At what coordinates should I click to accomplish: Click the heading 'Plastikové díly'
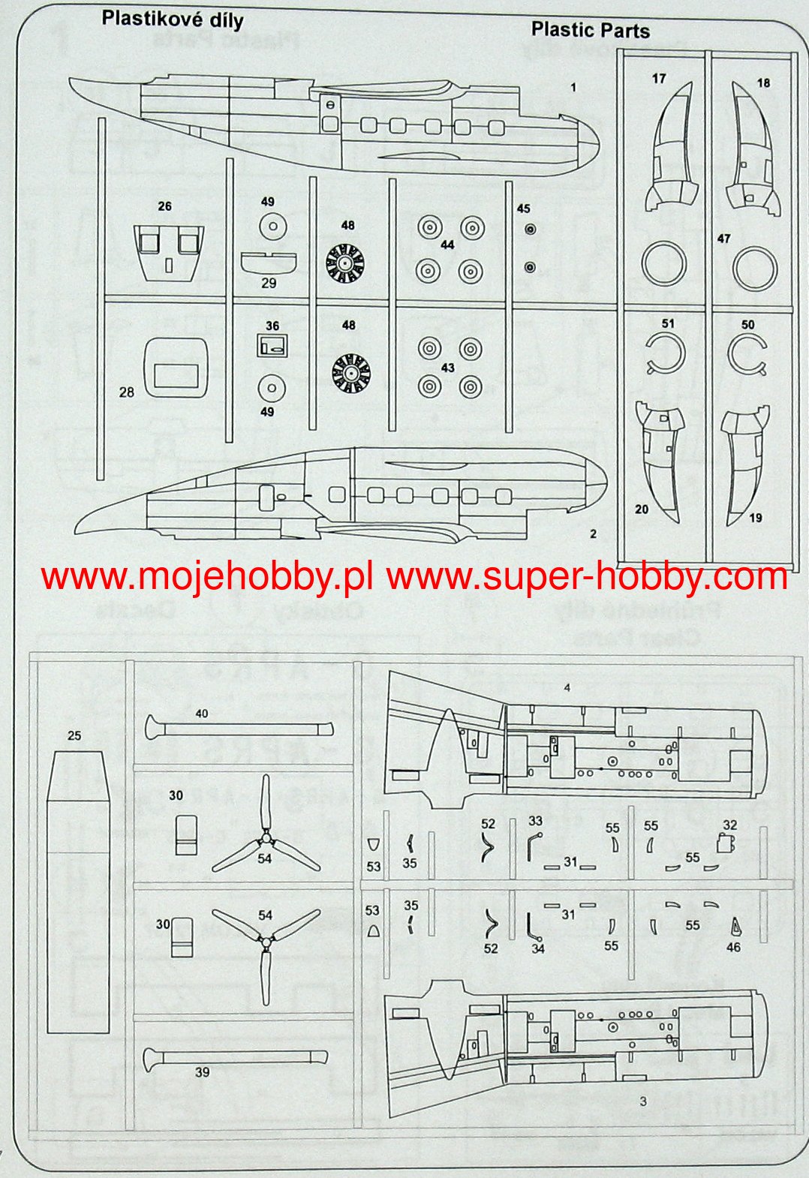click(x=173, y=19)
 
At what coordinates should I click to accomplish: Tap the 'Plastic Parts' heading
click(x=590, y=30)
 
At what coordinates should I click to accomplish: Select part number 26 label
click(x=164, y=206)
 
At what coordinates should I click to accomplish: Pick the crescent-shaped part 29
click(x=269, y=262)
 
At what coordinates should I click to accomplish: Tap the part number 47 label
click(x=723, y=239)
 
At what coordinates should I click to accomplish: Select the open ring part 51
click(x=664, y=353)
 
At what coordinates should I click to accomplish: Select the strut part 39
click(x=236, y=1058)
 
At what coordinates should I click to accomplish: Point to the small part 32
click(x=726, y=843)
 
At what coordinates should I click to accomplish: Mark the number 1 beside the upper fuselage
click(x=573, y=88)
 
